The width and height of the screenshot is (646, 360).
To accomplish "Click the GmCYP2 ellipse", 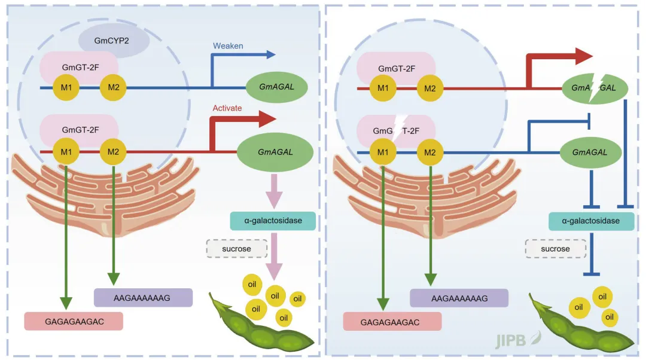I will point(114,41).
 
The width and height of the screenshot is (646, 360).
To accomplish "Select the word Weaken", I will point(228,45).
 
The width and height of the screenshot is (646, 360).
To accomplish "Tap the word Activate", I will point(227,108).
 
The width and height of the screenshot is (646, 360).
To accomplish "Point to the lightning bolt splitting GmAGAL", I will point(595,89).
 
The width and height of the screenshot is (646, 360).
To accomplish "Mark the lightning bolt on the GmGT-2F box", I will point(398,129).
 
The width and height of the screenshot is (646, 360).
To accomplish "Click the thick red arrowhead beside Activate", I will point(265,119).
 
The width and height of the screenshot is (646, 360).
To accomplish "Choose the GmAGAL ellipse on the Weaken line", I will point(277,87).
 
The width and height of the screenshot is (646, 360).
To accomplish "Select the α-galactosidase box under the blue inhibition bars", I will point(592,221).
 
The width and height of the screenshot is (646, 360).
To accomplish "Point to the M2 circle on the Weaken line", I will point(112,88).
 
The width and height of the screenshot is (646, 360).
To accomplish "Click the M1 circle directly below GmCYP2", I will point(66,88).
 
